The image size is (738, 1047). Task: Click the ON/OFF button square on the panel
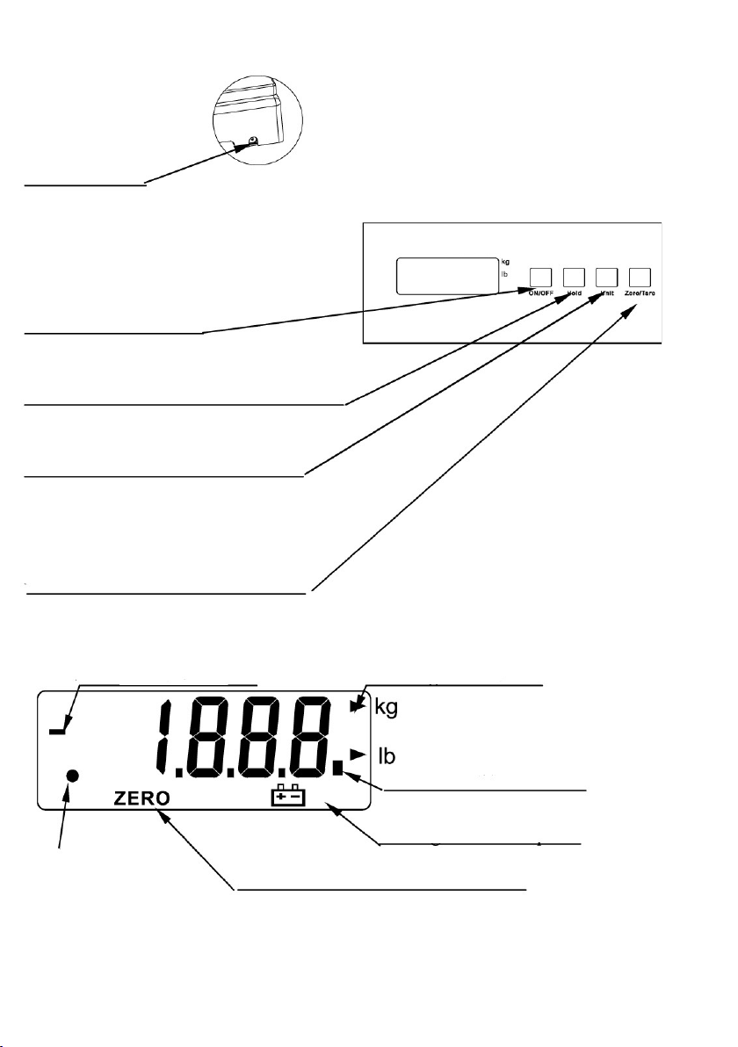point(541,276)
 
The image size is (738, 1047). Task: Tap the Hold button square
point(574,276)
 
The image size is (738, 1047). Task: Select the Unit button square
point(606,276)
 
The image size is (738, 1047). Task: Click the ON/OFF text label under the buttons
point(541,292)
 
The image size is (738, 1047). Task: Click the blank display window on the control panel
point(446,276)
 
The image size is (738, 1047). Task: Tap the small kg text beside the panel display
point(505,262)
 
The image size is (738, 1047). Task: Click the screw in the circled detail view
point(253,141)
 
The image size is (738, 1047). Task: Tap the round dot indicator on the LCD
point(74,776)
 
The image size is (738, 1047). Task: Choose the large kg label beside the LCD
point(387,708)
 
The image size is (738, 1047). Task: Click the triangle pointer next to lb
point(356,753)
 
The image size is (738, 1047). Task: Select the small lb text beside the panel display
point(504,275)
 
